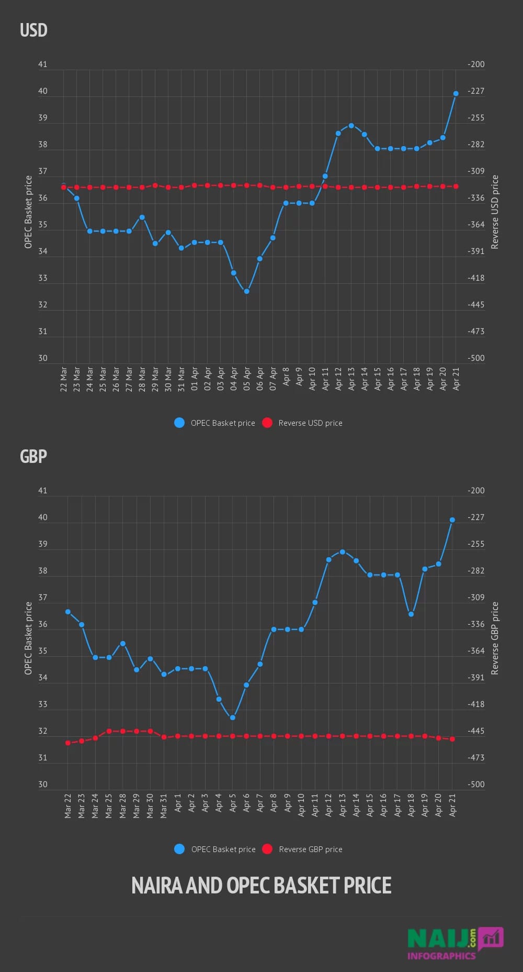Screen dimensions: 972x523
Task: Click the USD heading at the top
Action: pyautogui.click(x=33, y=30)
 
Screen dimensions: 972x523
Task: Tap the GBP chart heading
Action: pyautogui.click(x=33, y=457)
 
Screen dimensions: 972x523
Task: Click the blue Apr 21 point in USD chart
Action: pyautogui.click(x=456, y=94)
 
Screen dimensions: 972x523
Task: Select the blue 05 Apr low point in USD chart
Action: pyautogui.click(x=247, y=291)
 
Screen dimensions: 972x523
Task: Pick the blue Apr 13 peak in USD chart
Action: pyautogui.click(x=351, y=126)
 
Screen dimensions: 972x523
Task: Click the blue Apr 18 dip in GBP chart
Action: pyautogui.click(x=411, y=614)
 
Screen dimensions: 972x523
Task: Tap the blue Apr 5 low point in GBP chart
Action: pyautogui.click(x=233, y=717)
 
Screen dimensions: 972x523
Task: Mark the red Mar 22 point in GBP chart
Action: pyautogui.click(x=68, y=743)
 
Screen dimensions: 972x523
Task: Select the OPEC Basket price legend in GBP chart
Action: pyautogui.click(x=215, y=849)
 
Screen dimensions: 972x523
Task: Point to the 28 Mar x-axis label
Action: pyautogui.click(x=142, y=379)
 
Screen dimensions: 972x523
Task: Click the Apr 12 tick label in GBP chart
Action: pyautogui.click(x=328, y=805)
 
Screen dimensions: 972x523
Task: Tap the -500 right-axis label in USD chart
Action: pyautogui.click(x=476, y=358)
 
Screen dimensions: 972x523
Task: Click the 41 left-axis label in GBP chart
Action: pyautogui.click(x=43, y=491)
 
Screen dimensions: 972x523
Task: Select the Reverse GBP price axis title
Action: pyautogui.click(x=495, y=638)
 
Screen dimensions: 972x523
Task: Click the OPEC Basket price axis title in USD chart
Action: pyautogui.click(x=28, y=212)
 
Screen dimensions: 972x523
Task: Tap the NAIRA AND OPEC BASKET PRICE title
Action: pyautogui.click(x=261, y=886)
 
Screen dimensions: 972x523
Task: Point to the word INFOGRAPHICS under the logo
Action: pyautogui.click(x=441, y=956)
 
